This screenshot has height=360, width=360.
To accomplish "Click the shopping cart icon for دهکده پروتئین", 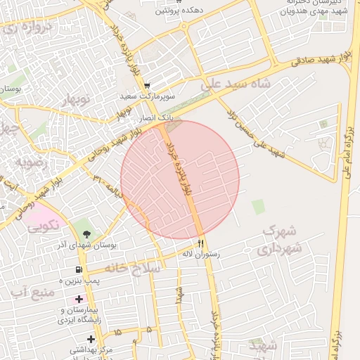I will pos(161,2).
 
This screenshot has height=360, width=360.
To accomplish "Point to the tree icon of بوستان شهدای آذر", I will pos(86,233).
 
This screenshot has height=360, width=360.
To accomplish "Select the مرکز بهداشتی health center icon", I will pos(91,340).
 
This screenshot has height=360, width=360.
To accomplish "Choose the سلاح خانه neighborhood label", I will pos(133,268).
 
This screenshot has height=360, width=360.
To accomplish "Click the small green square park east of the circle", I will pos(259,207).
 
